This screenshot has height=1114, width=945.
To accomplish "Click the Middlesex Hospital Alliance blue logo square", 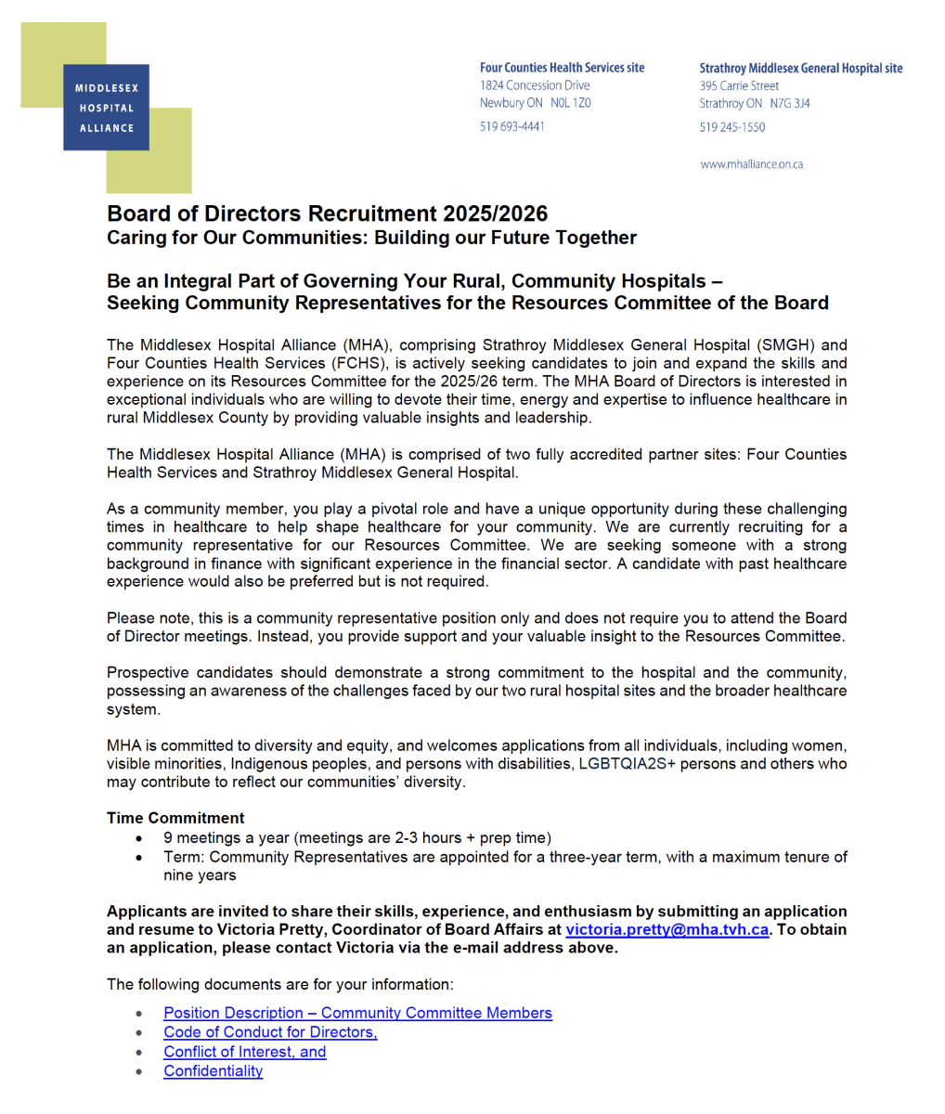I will point(106,108).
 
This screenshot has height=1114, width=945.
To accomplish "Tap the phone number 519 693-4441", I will point(511,126).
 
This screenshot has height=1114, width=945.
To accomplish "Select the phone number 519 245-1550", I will point(732,127).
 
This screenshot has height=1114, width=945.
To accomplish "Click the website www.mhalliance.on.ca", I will point(751,164).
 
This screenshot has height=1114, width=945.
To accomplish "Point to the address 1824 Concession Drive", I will point(535,85).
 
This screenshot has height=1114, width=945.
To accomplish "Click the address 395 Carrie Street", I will point(739,85).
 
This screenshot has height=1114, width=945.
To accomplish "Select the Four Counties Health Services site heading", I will point(562,68).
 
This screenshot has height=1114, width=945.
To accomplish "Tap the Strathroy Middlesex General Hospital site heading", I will point(800,68).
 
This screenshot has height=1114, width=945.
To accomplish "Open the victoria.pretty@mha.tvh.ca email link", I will point(667,930).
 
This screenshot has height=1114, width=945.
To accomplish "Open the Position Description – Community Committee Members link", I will point(357,1013).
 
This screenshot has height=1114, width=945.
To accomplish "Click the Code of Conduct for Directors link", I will point(270,1032).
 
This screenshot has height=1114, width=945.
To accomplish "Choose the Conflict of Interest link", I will point(244,1052).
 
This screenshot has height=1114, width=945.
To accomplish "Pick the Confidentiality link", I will point(213,1071).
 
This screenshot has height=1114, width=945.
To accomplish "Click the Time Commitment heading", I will point(175,818).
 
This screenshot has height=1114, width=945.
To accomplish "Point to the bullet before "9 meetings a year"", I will point(139,838).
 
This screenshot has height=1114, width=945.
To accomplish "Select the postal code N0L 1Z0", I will point(570,103).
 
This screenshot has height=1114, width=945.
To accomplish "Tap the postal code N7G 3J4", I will point(789,104).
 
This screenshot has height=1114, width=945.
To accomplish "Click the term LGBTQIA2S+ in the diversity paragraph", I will point(628,764).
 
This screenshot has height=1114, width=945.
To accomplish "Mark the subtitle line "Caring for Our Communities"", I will point(371,238).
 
